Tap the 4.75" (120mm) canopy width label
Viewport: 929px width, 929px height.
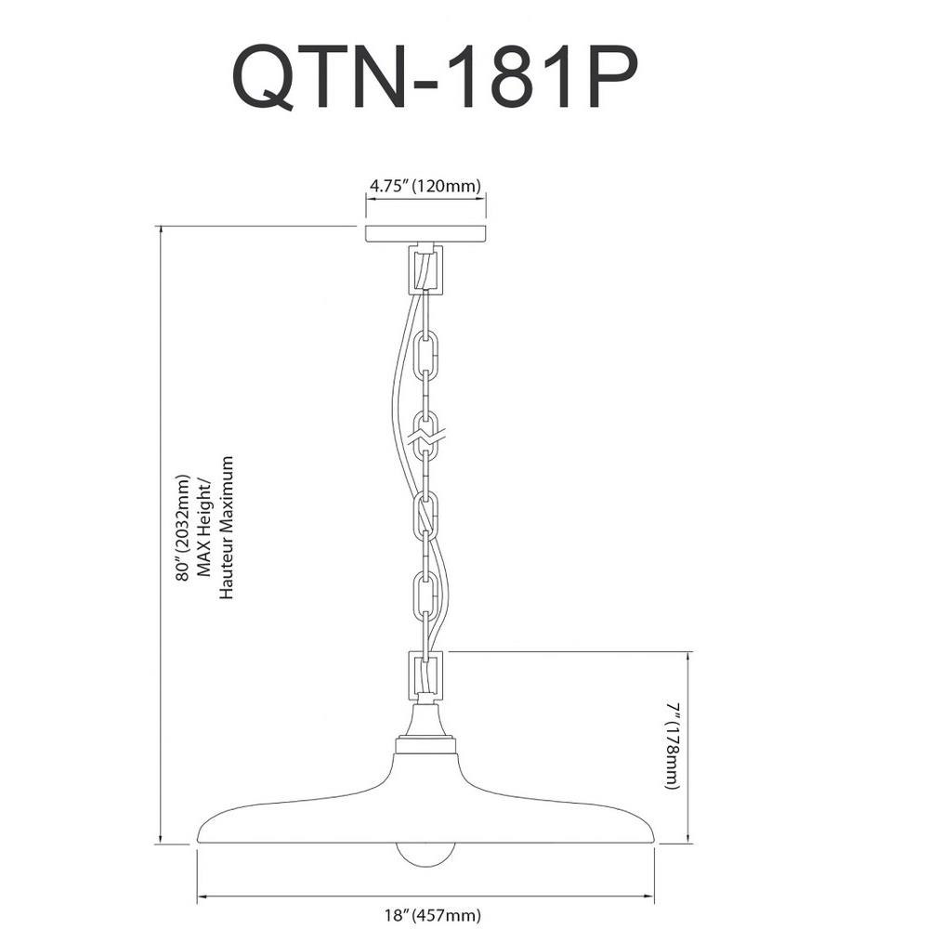point(425,186)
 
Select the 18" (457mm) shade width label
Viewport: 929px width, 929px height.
point(432,915)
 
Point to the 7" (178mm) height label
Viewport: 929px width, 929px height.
point(672,747)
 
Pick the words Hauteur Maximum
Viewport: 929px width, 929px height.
point(227,528)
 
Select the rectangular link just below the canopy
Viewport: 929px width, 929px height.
point(425,270)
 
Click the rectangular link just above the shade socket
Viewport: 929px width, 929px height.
point(425,676)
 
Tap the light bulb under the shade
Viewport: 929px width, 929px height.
point(426,856)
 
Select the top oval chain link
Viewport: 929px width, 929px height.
point(425,357)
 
